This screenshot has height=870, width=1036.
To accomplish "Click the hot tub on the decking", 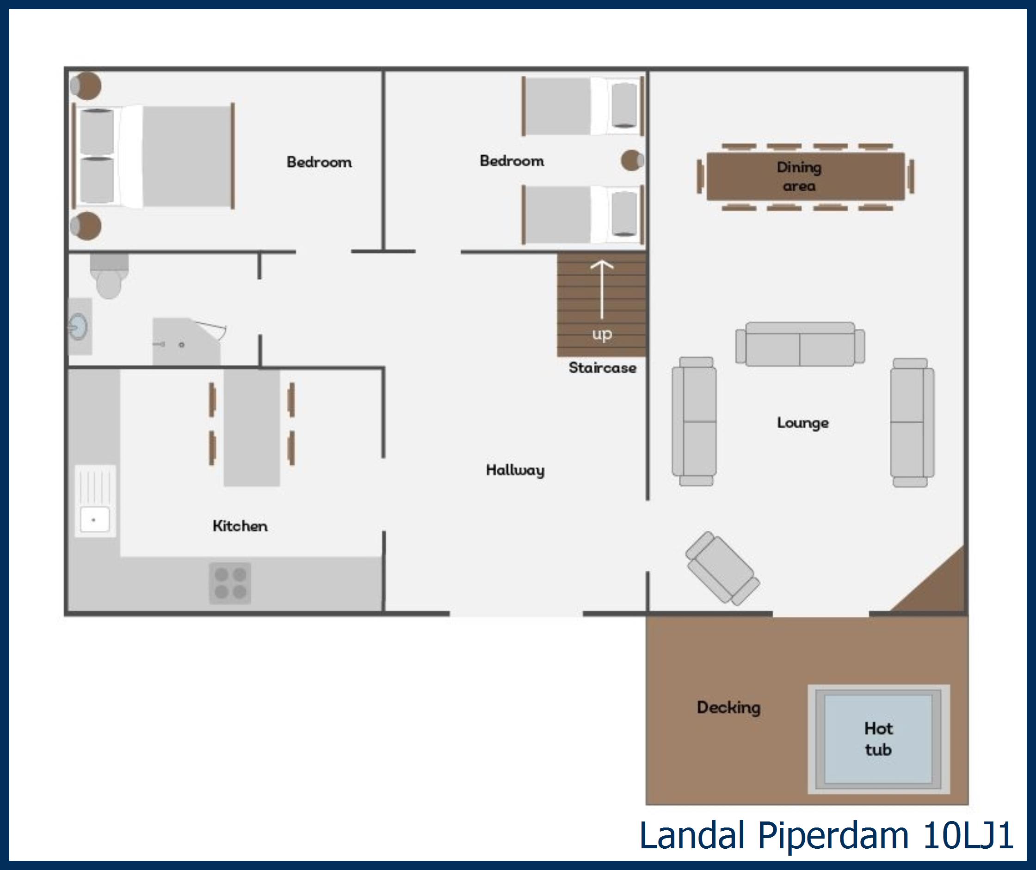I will point(878,739).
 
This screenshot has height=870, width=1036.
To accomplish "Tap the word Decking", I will point(728,707).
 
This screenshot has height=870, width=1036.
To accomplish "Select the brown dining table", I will point(806,176).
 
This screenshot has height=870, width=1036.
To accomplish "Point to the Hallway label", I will point(515,469).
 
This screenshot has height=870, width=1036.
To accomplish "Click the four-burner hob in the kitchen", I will point(230,583).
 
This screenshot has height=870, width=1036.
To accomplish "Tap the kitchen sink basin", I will point(95,519).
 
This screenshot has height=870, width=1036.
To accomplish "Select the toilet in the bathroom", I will point(109,279).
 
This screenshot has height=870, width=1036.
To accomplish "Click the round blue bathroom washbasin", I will point(78,326).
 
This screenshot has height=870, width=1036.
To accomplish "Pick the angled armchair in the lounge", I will point(722,568).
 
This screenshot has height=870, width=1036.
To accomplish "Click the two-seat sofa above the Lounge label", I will point(800,344).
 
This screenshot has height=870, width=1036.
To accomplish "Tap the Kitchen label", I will point(240,526).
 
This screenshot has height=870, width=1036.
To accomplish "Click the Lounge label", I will point(802,423).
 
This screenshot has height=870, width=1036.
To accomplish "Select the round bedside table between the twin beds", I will point(631,161).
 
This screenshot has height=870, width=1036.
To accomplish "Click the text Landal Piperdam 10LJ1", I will point(826,835).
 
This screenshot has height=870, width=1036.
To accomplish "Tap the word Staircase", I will point(602,367).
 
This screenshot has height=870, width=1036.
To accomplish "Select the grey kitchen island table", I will point(252,427).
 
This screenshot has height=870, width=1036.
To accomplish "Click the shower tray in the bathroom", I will point(186,342).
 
